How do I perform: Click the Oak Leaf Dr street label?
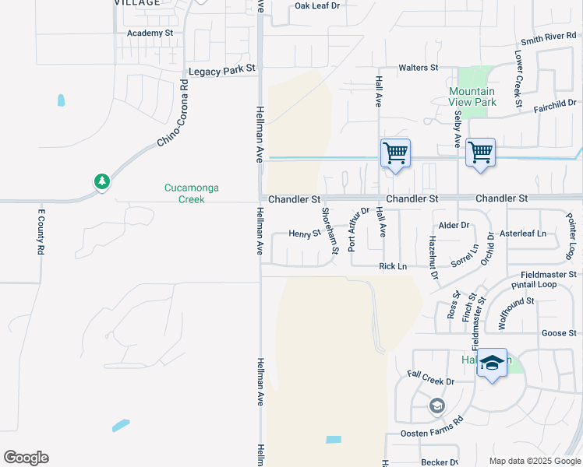pyautogui.click(x=318, y=6)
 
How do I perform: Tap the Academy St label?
pyautogui.click(x=150, y=33)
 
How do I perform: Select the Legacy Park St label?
pyautogui.click(x=222, y=68)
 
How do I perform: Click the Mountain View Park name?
pyautogui.click(x=472, y=97)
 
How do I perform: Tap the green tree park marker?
pyautogui.click(x=101, y=182)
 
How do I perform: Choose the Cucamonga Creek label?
pyautogui.click(x=185, y=193)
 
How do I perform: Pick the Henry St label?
pyautogui.click(x=305, y=233)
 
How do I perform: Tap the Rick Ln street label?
pyautogui.click(x=393, y=266)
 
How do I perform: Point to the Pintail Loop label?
pyautogui.click(x=534, y=285)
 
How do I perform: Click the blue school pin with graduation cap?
pyautogui.click(x=492, y=363)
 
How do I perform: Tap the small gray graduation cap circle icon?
pyautogui.click(x=437, y=406)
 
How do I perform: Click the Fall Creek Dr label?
pyautogui.click(x=431, y=381)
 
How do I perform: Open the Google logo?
pyautogui.click(x=26, y=458)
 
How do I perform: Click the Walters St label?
pyautogui.click(x=419, y=68)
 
